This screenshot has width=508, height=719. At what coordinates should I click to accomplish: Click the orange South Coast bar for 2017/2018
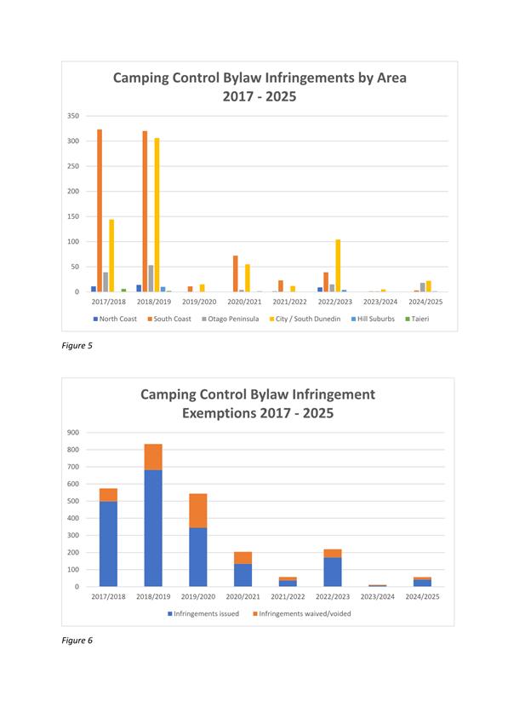coord(100,210)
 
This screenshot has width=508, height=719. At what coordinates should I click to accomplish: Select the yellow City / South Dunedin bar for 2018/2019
coord(157,215)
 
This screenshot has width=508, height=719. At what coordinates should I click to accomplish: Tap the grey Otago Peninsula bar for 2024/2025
coord(422,287)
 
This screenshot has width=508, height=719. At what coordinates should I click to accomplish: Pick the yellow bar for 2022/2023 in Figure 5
coord(338,266)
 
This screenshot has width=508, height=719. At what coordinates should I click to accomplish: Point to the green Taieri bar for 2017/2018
coord(123,290)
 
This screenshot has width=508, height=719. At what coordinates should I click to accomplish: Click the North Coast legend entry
coord(115,319)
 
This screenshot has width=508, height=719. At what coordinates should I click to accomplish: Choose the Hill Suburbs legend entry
coord(373,319)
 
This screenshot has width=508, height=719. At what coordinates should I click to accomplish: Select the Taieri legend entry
coord(417,319)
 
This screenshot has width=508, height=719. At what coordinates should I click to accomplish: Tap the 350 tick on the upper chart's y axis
coord(73,116)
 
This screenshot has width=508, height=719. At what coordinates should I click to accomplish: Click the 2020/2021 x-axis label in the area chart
coord(244,302)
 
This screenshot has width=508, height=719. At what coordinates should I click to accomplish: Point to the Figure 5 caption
coord(77,345)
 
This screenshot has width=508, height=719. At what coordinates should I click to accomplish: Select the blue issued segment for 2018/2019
coord(153,528)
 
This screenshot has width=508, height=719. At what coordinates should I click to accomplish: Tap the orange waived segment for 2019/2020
coord(198,511)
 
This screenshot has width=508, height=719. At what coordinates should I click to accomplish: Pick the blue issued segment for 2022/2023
coord(333,572)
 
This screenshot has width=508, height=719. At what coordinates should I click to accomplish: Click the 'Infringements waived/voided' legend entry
coord(302,613)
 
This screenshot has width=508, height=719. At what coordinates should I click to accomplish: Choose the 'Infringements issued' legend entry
coord(203,613)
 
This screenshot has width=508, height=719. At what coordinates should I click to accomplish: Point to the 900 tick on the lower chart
coord(73,433)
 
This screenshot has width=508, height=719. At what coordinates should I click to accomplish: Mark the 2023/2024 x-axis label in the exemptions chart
coord(378,596)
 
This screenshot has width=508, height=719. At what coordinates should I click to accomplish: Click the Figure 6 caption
coord(77,640)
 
